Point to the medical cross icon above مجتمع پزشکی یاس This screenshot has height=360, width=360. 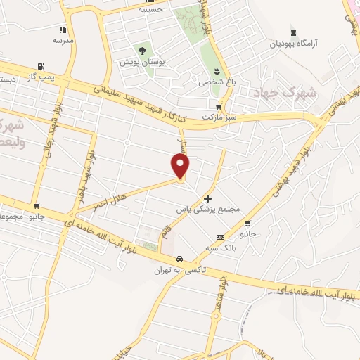coord(207,199)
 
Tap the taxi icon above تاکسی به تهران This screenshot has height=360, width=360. coord(180,259)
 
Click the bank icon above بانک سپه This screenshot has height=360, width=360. coord(221,238)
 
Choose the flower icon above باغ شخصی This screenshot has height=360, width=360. coord(217,71)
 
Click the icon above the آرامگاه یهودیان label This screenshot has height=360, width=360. coord(292,33)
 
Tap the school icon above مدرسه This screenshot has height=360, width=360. coord(63,30)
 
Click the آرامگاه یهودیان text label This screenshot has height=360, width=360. coord(292,44)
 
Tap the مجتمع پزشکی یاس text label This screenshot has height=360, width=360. coord(208,210)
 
